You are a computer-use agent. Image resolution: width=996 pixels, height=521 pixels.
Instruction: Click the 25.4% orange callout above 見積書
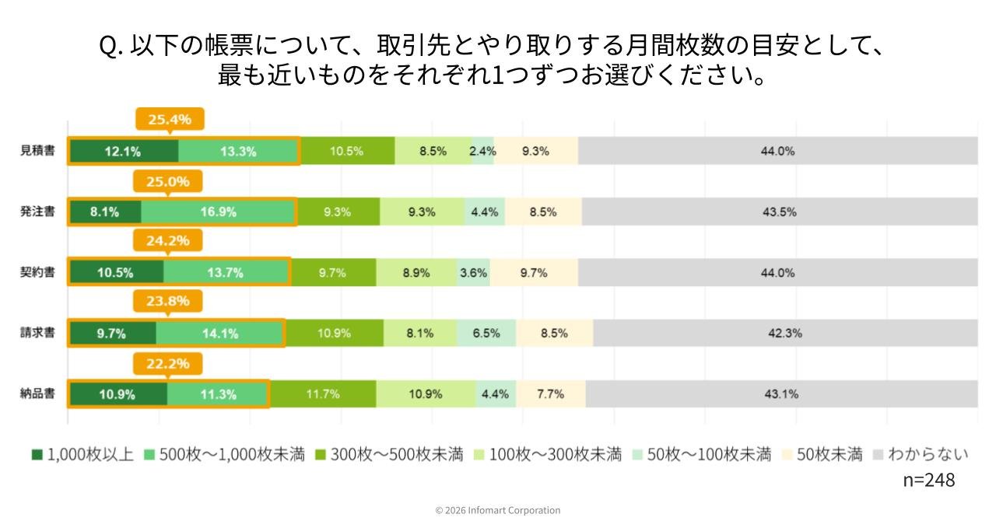[170, 119]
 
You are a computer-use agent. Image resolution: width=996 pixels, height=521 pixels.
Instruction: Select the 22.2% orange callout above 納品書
[168, 363]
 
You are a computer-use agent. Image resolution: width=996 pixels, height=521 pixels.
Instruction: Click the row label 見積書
[37, 151]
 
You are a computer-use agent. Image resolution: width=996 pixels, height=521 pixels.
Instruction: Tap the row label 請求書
[37, 333]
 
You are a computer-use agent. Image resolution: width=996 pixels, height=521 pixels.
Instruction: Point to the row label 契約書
[37, 272]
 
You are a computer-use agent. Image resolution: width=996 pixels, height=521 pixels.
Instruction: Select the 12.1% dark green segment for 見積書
[123, 151]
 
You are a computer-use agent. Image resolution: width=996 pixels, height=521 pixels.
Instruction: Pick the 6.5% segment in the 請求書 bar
[486, 333]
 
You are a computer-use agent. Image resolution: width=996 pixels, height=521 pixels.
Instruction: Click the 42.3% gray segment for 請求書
[784, 333]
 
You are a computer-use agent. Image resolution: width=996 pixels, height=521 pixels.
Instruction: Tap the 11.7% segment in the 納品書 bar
[323, 393]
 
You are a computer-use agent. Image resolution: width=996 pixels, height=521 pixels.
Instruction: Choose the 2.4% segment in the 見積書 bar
[482, 151]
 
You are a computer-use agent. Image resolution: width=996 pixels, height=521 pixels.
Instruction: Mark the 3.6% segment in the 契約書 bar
[473, 272]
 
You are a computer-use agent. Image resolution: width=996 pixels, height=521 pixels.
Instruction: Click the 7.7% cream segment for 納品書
[550, 393]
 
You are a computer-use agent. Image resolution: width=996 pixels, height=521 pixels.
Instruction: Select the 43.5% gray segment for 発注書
[779, 212]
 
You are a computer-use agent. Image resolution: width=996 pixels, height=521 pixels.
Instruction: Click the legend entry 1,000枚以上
[82, 455]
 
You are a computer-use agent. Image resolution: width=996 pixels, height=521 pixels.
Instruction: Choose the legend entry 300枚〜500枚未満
[388, 455]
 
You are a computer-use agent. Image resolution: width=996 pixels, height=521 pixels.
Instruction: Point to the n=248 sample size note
[928, 480]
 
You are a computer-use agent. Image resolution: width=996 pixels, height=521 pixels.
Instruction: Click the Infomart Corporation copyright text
[498, 510]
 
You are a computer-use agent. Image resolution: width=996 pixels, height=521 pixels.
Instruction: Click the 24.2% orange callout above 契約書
[168, 240]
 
